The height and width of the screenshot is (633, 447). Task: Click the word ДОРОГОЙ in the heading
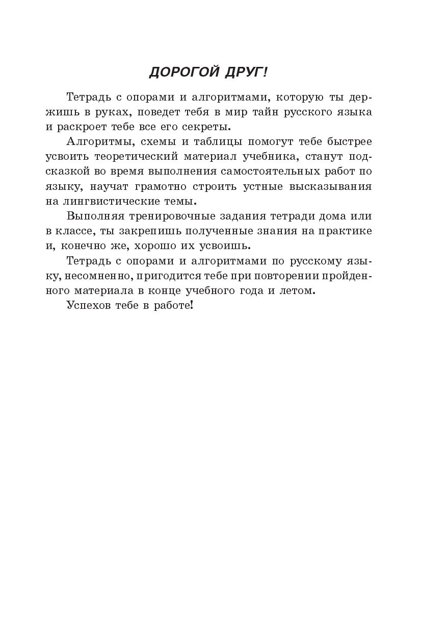point(183,73)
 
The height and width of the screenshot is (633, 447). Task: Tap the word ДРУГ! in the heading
point(246,73)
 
